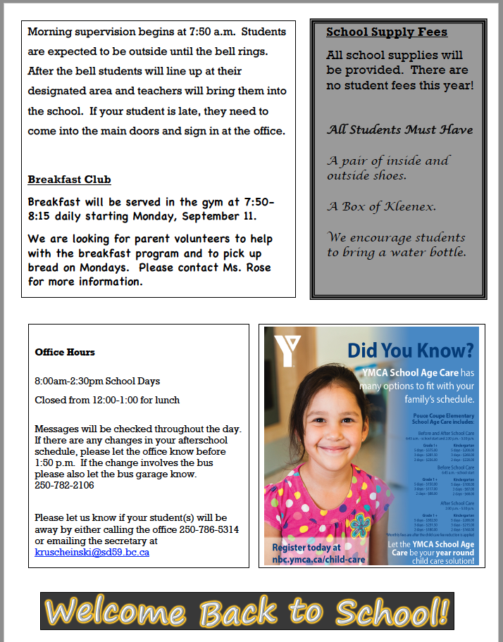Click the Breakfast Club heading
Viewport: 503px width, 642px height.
click(69, 180)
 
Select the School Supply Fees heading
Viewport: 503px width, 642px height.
click(387, 32)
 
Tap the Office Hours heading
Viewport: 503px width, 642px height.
click(65, 352)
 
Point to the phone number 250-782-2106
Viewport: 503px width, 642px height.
click(64, 486)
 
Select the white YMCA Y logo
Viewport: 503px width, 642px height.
click(287, 350)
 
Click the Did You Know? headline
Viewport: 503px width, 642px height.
click(411, 350)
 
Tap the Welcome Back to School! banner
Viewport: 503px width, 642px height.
click(244, 612)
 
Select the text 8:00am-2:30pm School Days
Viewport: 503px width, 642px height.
click(97, 382)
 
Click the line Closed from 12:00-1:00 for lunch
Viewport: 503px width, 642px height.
click(107, 400)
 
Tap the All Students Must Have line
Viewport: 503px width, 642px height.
click(399, 130)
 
